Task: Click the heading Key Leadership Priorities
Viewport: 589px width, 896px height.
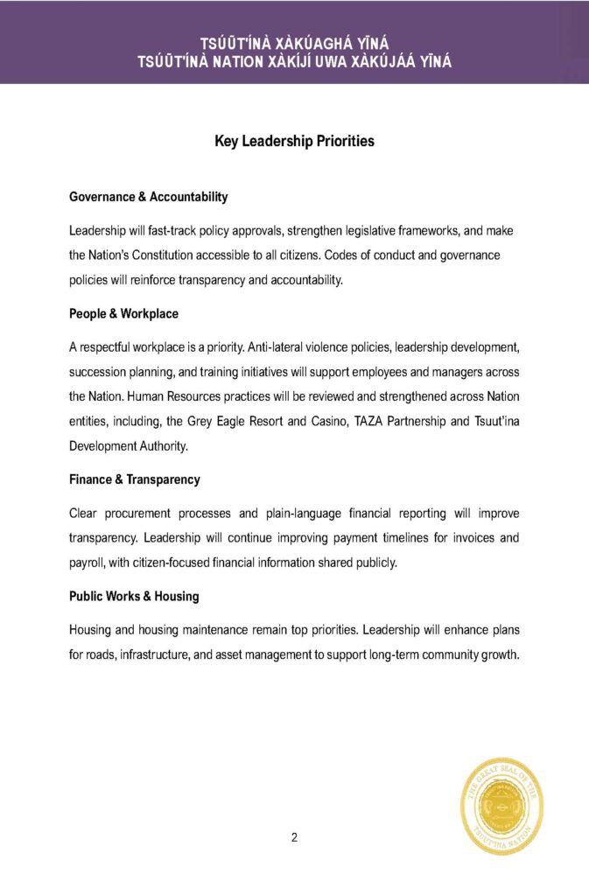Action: [x=294, y=141]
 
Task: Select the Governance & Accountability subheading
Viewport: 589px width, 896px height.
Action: [x=148, y=197]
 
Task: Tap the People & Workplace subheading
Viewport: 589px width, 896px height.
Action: [x=123, y=312]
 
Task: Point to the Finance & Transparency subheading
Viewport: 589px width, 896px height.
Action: [x=134, y=479]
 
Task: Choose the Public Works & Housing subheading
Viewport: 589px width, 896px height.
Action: [x=134, y=596]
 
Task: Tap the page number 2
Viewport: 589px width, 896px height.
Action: [x=294, y=837]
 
